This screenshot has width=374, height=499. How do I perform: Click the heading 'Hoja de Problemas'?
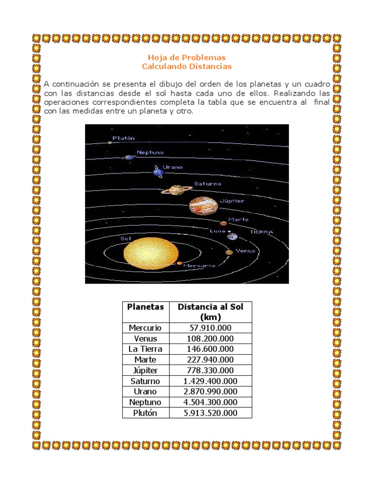[x=187, y=58]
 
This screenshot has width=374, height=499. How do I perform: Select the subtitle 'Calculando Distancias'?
[x=187, y=66]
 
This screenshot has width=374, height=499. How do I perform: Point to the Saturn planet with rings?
[x=174, y=190]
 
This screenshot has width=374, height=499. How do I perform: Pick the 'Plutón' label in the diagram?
[x=123, y=138]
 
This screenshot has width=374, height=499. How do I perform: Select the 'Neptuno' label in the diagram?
[x=150, y=153]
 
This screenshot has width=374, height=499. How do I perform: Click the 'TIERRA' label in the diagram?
[x=261, y=232]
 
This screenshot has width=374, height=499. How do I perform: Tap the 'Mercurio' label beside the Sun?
[x=199, y=266]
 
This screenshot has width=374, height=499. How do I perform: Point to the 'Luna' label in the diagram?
[x=217, y=230]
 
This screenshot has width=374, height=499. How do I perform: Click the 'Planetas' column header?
[x=145, y=307]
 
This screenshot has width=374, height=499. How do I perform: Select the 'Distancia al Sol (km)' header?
[x=210, y=312]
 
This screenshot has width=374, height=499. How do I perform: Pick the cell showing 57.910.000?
[x=210, y=328]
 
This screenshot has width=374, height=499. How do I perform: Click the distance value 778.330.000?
[x=210, y=370]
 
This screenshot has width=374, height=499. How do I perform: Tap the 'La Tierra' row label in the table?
[x=145, y=349]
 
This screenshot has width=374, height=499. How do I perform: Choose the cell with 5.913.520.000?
[x=210, y=413]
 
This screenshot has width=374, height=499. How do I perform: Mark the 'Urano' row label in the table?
[x=145, y=392]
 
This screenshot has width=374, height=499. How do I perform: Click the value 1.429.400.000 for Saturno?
[x=210, y=381]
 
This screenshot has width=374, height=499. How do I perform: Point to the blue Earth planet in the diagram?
[x=232, y=237]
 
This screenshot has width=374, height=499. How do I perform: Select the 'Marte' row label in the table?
[x=145, y=360]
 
